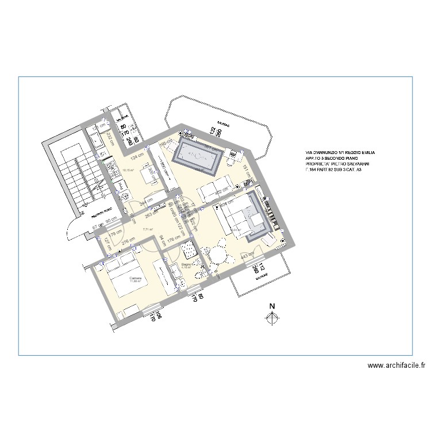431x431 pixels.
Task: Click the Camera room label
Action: click(136, 278)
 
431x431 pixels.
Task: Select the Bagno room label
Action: click(186, 265)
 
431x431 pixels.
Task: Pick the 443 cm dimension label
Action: click(247, 256)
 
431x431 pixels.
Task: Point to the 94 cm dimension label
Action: click(162, 239)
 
